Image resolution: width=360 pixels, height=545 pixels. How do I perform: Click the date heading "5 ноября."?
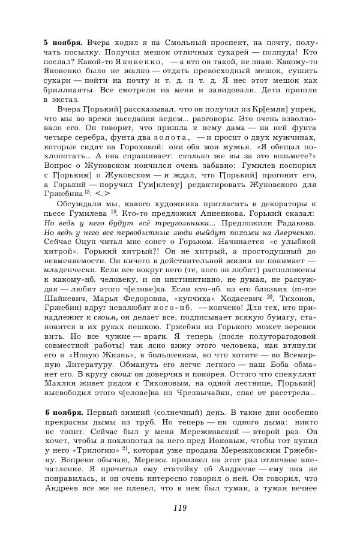point(64,44)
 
